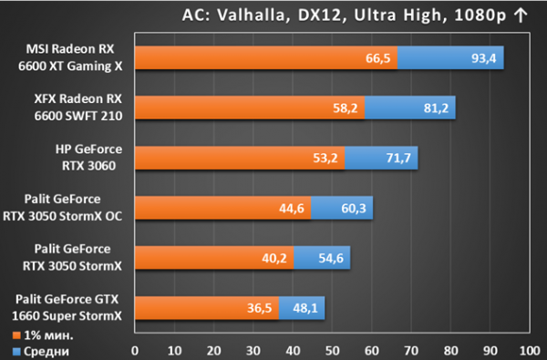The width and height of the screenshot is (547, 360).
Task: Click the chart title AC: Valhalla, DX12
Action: pos(264,15)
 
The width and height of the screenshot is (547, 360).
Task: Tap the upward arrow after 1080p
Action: pos(521,15)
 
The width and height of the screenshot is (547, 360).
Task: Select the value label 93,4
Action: pos(483,58)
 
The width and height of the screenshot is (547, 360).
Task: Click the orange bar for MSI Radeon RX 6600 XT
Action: pos(266,57)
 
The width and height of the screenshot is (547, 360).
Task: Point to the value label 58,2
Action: pos(345,108)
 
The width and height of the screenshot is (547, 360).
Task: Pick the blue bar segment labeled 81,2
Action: pos(410,108)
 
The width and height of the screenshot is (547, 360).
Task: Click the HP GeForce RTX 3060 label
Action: pos(88,158)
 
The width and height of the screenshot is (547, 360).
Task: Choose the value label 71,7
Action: pos(398,158)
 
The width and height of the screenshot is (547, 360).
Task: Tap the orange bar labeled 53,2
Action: pos(240,158)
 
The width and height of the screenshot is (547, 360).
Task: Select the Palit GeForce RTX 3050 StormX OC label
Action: pos(62,208)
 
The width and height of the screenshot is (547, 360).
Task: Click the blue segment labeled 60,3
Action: pos(342,208)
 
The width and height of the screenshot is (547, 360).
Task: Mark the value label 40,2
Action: pos(274,258)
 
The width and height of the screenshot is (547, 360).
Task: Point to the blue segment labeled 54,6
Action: pos(322,258)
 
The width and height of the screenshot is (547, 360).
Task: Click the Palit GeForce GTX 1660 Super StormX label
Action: pos(67,308)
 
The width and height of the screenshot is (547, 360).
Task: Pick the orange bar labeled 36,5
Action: pos(207,308)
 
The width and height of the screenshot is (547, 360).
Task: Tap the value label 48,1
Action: pos(305,308)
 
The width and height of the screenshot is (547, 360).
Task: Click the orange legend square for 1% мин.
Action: pos(16,335)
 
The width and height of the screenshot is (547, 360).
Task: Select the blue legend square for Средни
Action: pos(16,352)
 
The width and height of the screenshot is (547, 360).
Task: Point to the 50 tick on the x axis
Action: pos(332,351)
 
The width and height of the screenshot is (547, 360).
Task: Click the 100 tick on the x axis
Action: pos(530,351)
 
